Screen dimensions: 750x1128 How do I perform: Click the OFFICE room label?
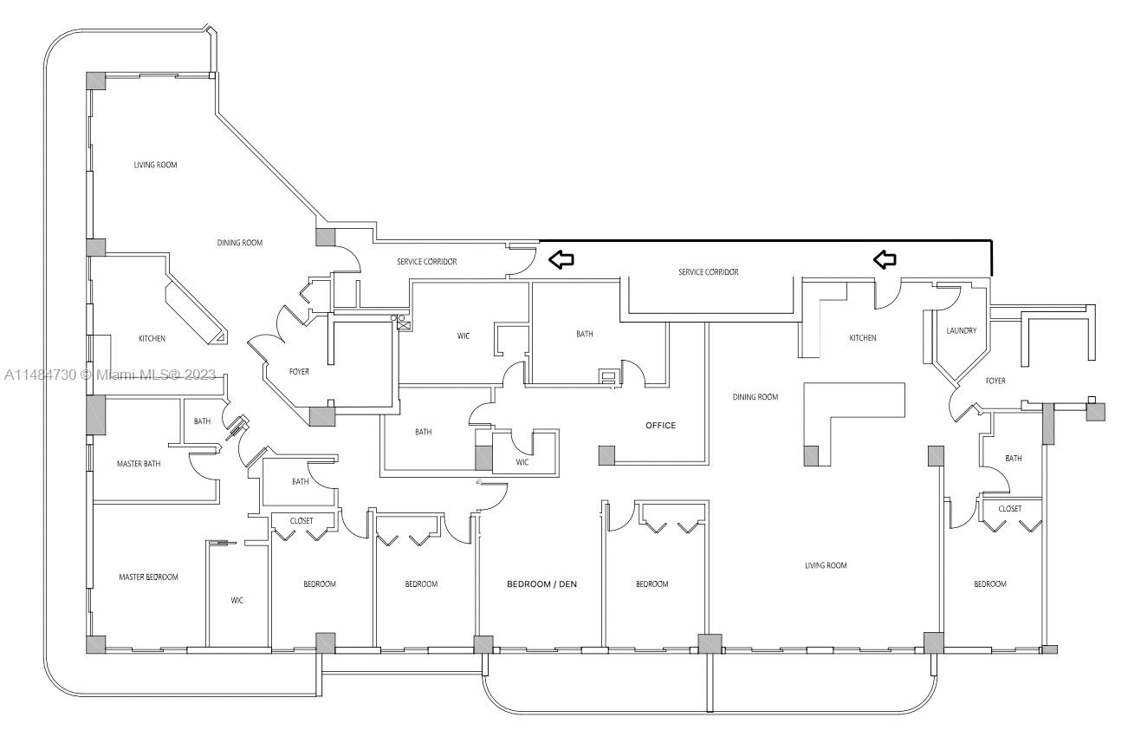tap(660, 426)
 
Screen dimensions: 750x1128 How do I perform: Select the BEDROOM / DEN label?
tap(541, 584)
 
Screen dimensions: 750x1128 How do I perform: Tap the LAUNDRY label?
tap(962, 330)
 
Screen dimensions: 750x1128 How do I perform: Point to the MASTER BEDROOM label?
tap(148, 577)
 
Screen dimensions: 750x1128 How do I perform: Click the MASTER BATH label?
tap(139, 464)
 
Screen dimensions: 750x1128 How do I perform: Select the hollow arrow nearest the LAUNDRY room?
tap(884, 258)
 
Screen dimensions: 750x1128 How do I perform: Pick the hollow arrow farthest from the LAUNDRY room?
tap(561, 258)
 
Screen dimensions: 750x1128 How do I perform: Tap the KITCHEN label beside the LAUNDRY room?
tap(862, 338)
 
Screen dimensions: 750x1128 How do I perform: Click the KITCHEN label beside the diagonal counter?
tap(152, 339)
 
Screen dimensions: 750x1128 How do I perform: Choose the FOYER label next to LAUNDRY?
tap(995, 381)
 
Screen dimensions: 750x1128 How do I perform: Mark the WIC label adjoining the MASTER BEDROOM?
tap(237, 600)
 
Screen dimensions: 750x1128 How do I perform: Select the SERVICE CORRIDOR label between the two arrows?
tap(708, 272)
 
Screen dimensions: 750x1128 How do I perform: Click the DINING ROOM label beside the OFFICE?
tap(755, 397)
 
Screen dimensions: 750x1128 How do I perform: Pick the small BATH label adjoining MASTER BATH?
tap(202, 421)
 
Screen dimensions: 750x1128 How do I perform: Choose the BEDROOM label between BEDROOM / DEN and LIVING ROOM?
tap(652, 584)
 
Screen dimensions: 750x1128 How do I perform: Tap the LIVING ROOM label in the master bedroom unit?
tap(155, 165)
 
